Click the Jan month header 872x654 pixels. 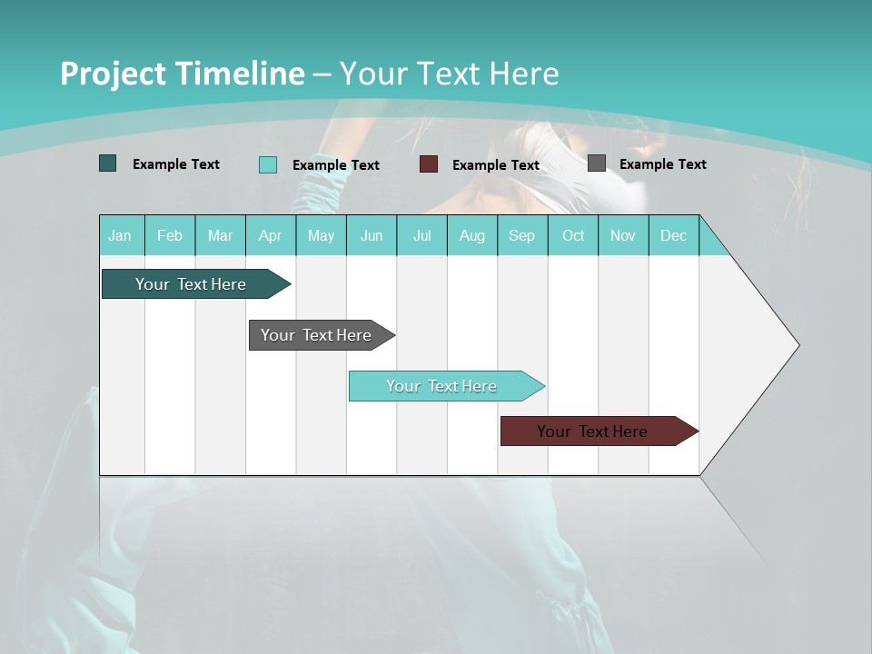point(120,235)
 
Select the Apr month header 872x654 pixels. point(270,235)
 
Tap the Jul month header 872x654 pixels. point(421,235)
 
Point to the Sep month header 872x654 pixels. point(521,235)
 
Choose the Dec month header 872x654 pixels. point(673,235)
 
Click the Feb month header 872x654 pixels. point(170,235)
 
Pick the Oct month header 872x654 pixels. point(573,235)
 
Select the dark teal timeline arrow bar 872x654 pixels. point(191,284)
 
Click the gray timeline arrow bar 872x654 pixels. point(316,335)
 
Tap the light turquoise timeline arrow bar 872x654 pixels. point(441,386)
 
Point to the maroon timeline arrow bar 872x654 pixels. point(592,431)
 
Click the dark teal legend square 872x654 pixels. point(107,163)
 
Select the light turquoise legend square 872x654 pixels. point(268,164)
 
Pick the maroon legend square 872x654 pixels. point(429,164)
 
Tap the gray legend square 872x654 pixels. point(597,163)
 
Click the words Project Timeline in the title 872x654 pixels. point(182,74)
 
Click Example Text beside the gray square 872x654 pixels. point(662,164)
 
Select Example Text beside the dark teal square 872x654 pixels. point(176,164)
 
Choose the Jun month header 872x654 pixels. point(372,235)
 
